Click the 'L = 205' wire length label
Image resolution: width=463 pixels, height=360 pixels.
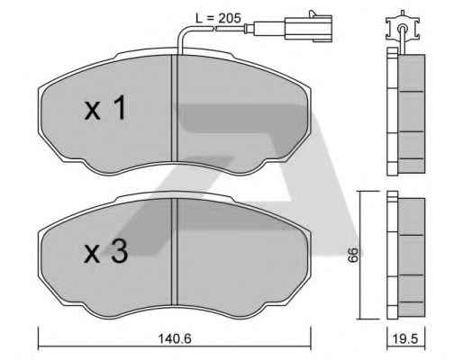(x=218, y=19)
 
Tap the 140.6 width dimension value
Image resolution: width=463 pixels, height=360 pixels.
(x=175, y=339)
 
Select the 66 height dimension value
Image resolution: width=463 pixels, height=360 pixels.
(x=353, y=255)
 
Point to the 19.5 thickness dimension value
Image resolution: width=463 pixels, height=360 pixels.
(x=405, y=339)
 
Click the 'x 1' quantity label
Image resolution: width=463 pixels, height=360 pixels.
(x=105, y=108)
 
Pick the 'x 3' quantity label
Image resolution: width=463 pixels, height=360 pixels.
(x=106, y=253)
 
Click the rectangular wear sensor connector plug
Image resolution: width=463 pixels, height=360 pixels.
(x=308, y=29)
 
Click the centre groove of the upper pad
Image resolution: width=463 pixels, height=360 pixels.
(x=175, y=108)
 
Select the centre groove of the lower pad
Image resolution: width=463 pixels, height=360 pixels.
(x=175, y=252)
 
